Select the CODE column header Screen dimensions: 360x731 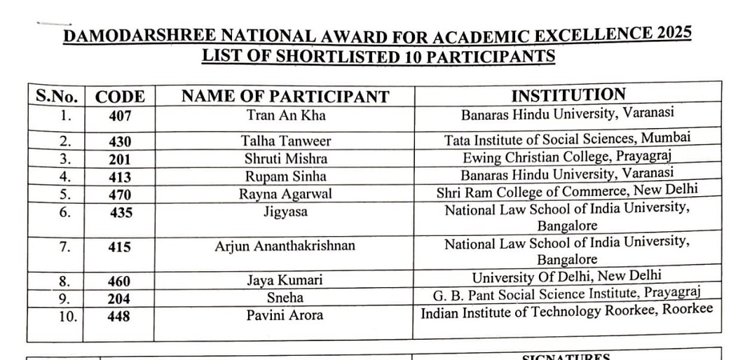tap(120, 97)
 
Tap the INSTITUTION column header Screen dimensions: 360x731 tap(568, 95)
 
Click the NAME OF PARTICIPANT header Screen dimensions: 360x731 tap(285, 97)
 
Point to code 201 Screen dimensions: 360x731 tap(120, 159)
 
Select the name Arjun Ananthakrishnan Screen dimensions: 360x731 tap(285, 246)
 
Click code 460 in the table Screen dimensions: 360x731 tap(119, 281)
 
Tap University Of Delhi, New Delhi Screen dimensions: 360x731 tap(566, 277)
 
